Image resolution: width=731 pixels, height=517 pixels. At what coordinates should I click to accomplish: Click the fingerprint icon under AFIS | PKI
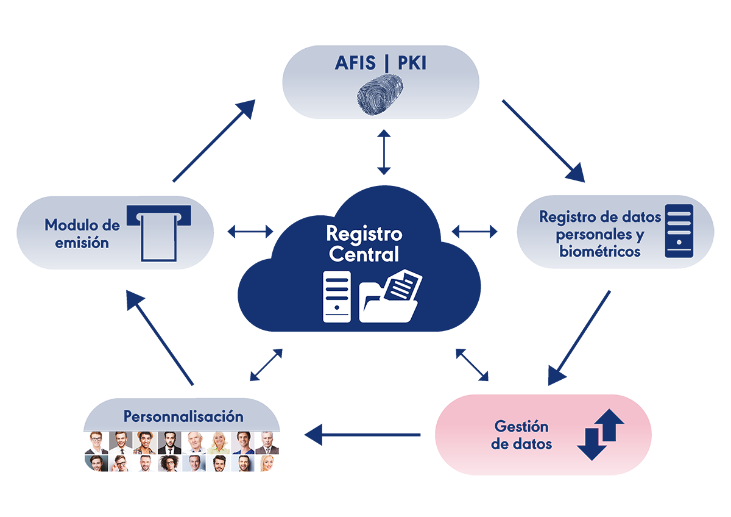pyautogui.click(x=380, y=94)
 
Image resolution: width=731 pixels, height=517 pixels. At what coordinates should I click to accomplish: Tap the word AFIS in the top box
pyautogui.click(x=355, y=63)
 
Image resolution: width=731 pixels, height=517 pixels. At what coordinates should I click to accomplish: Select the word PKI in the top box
pyautogui.click(x=412, y=63)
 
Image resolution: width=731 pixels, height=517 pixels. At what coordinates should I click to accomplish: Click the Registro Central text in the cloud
pyautogui.click(x=364, y=244)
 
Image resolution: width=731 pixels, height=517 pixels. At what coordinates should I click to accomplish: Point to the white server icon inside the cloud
pyautogui.click(x=337, y=296)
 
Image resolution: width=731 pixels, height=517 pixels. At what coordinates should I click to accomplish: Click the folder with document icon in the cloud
pyautogui.click(x=390, y=296)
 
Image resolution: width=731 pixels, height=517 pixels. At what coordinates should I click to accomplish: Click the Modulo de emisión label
pyautogui.click(x=82, y=234)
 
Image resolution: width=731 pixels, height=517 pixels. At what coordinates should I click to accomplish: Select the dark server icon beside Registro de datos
pyautogui.click(x=679, y=231)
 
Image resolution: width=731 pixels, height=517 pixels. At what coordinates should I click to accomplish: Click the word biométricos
pyautogui.click(x=600, y=251)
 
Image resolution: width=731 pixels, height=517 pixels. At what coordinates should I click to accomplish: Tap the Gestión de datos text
pyautogui.click(x=521, y=435)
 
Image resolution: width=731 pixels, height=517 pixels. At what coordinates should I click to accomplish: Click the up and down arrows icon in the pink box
pyautogui.click(x=601, y=434)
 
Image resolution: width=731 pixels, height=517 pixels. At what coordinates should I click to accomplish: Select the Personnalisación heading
pyautogui.click(x=183, y=416)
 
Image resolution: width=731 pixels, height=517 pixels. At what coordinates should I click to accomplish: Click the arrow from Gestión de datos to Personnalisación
pyautogui.click(x=362, y=435)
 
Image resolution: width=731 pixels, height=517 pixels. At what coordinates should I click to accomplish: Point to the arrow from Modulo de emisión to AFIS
pyautogui.click(x=214, y=140)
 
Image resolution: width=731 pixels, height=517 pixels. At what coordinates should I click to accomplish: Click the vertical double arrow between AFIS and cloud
pyautogui.click(x=384, y=152)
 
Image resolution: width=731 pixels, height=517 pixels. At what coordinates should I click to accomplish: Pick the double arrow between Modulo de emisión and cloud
pyautogui.click(x=250, y=232)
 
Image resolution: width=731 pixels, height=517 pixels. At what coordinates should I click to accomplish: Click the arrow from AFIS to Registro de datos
pyautogui.click(x=543, y=141)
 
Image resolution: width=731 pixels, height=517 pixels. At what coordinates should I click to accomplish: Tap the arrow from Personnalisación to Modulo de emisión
pyautogui.click(x=160, y=338)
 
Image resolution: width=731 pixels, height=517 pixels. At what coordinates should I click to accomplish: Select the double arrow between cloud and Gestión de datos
pyautogui.click(x=472, y=365)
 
